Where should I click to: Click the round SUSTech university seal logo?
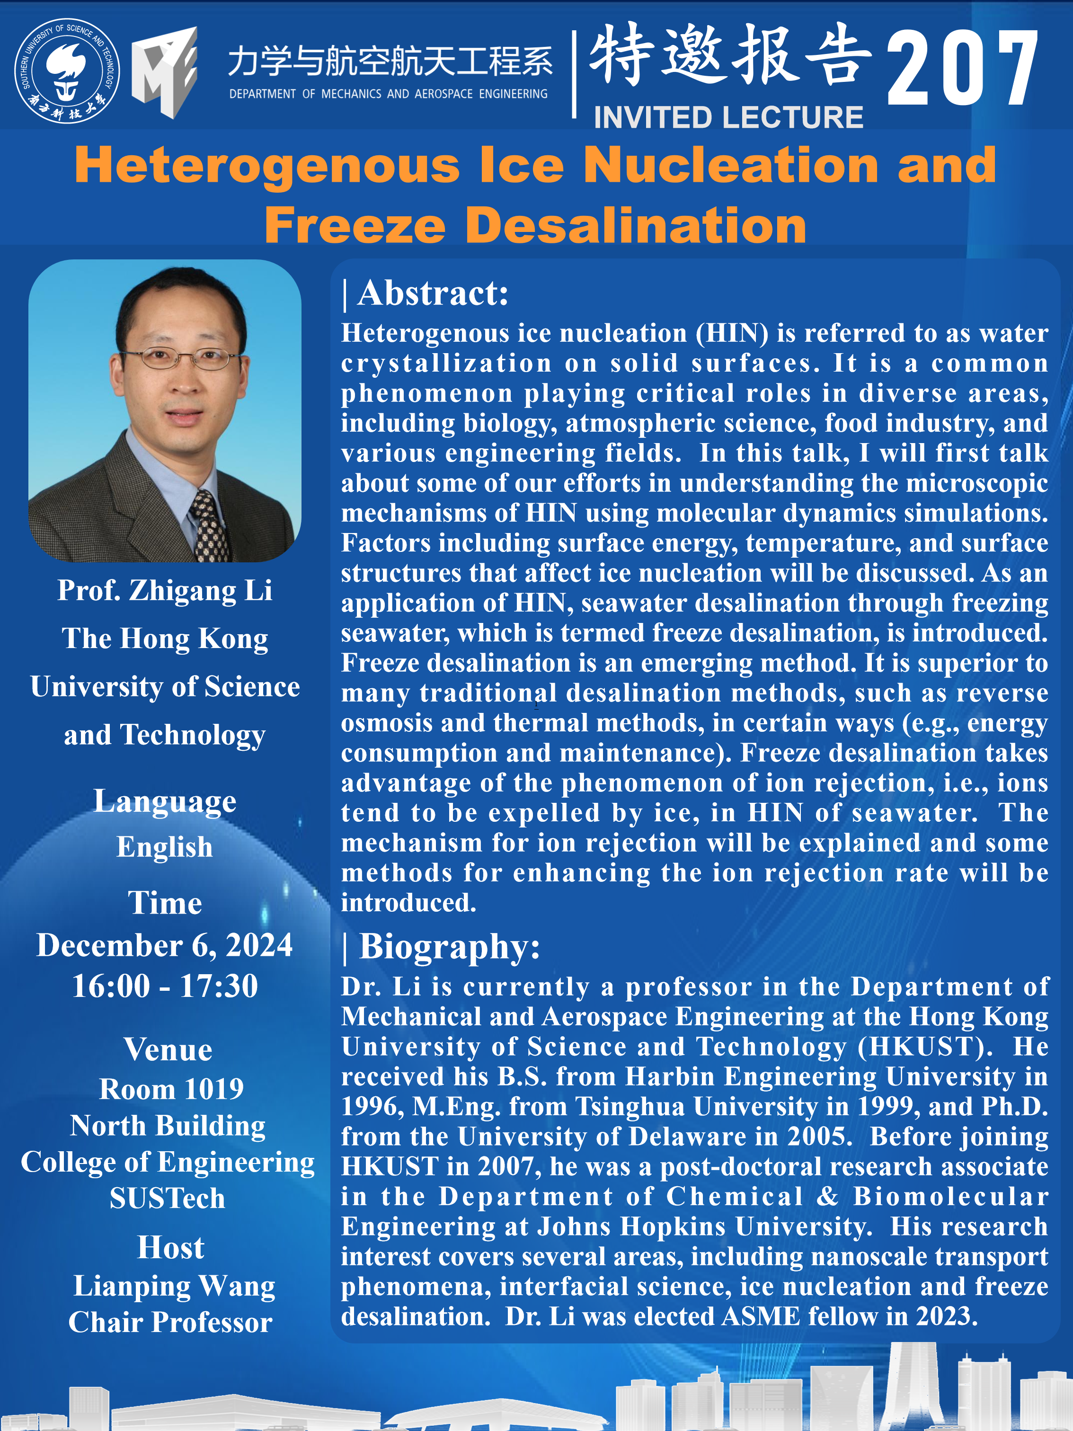[x=67, y=71]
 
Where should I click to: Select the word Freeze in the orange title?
[x=355, y=225]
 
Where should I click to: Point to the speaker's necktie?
[x=210, y=525]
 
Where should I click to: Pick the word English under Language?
[x=165, y=847]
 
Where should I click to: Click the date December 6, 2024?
[x=165, y=945]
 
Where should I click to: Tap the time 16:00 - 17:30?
[x=165, y=986]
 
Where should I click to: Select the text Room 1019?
[x=171, y=1089]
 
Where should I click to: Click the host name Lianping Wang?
[x=174, y=1286]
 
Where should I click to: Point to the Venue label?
[x=168, y=1049]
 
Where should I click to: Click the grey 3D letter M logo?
[x=164, y=72]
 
